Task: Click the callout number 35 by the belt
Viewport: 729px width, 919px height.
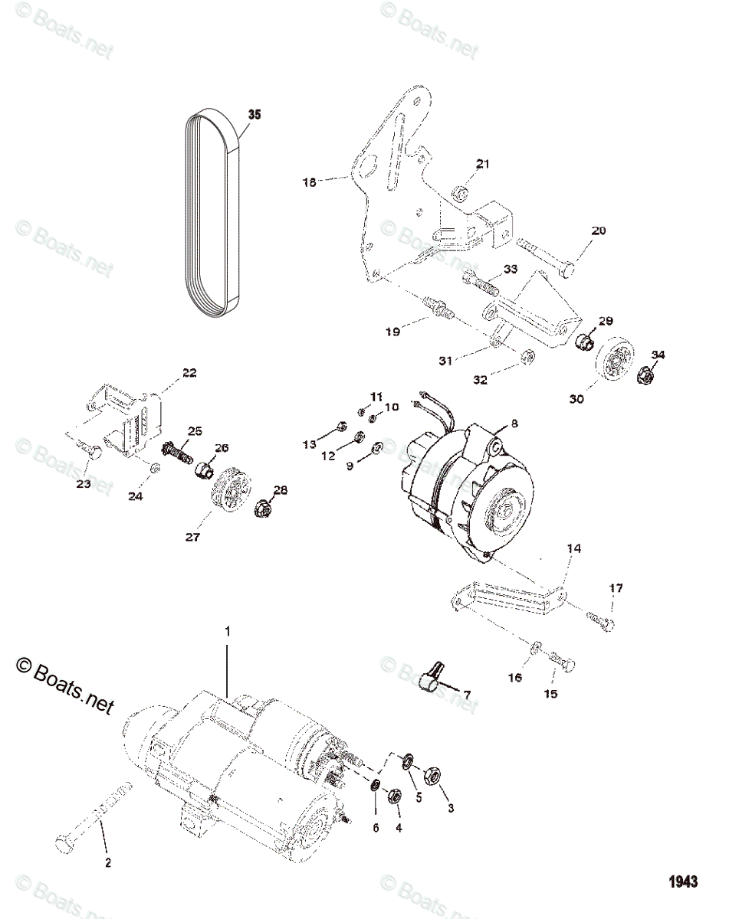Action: [x=254, y=115]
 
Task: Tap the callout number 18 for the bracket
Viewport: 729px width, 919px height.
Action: [x=309, y=182]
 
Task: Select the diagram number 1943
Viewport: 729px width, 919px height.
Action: [x=681, y=881]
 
